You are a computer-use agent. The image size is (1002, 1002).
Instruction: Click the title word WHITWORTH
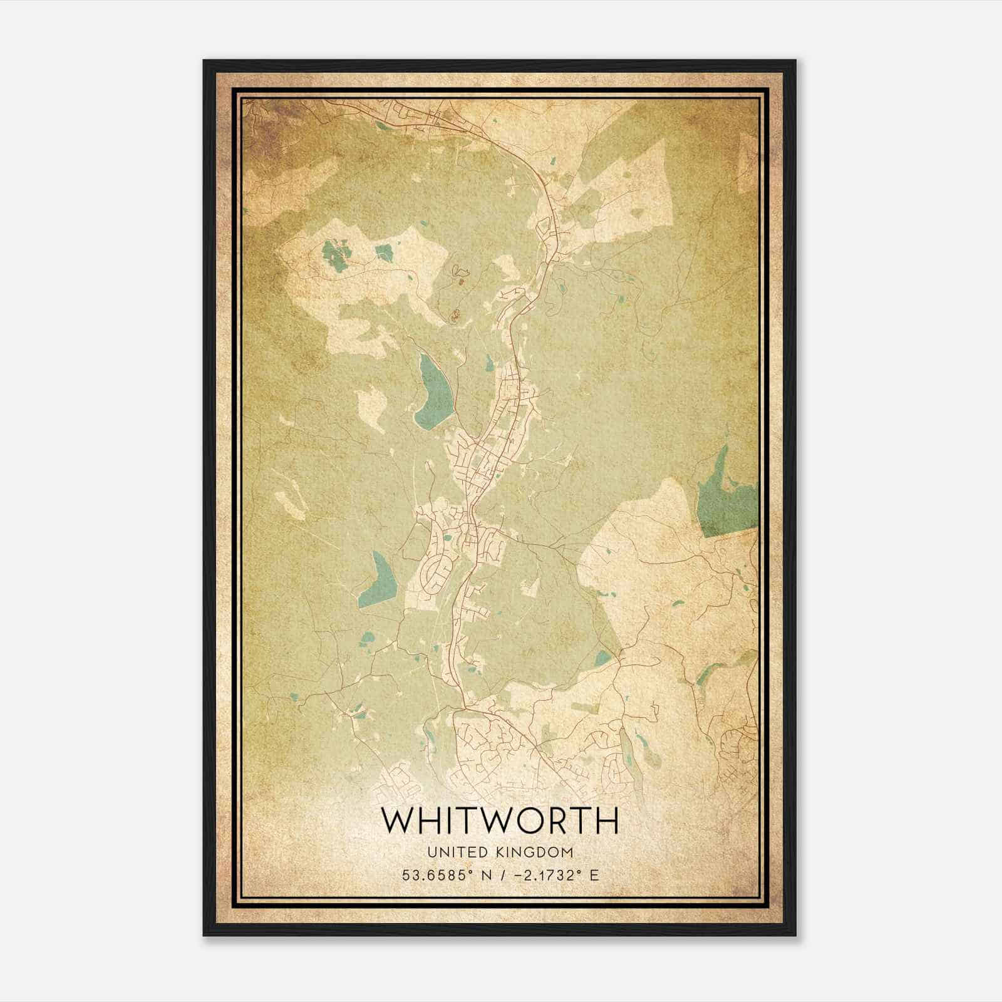pos(500,821)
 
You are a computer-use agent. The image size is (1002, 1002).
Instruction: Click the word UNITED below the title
pos(455,852)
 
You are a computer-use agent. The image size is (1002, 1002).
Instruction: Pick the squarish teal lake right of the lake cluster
pos(383,252)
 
